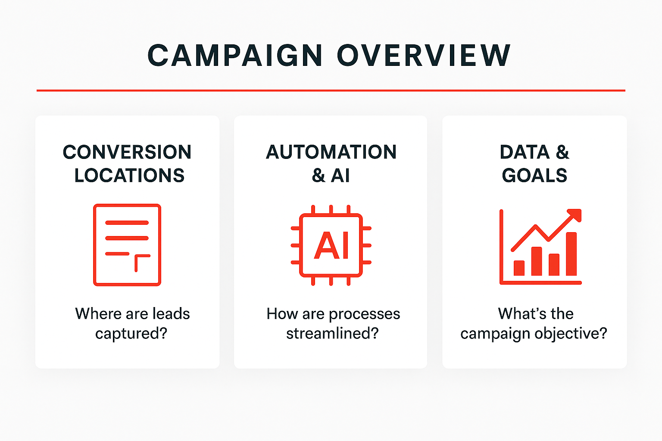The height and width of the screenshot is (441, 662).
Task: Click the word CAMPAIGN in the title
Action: [235, 56]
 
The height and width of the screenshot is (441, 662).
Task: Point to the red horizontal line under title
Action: [331, 90]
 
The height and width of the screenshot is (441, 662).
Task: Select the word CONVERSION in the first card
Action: [127, 152]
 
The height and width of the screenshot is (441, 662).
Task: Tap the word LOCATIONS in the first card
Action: [129, 176]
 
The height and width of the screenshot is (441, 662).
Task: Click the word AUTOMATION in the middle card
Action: [331, 152]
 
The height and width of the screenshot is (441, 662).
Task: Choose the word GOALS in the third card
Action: [534, 176]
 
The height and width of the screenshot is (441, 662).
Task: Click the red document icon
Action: [127, 245]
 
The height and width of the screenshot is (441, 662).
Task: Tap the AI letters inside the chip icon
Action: [331, 245]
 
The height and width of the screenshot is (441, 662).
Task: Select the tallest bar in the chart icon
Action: [571, 254]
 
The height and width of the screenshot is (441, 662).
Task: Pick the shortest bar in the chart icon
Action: [519, 268]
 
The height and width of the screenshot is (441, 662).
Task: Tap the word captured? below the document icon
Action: [131, 334]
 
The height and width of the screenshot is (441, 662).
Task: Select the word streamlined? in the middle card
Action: [332, 334]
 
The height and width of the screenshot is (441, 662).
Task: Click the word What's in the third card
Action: [514, 314]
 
